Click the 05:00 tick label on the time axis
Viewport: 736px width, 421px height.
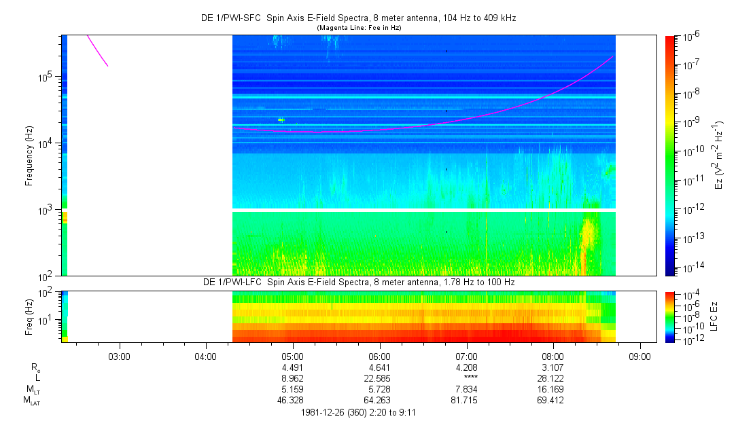pyautogui.click(x=292, y=355)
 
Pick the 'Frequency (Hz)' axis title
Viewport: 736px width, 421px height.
pyautogui.click(x=29, y=155)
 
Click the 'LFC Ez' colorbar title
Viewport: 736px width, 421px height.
pyautogui.click(x=716, y=316)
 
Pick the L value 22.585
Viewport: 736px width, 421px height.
pyautogui.click(x=379, y=378)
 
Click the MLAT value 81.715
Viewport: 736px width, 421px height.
pyautogui.click(x=466, y=400)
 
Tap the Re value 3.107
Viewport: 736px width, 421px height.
pyautogui.click(x=553, y=367)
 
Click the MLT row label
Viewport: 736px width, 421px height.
pyautogui.click(x=31, y=389)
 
